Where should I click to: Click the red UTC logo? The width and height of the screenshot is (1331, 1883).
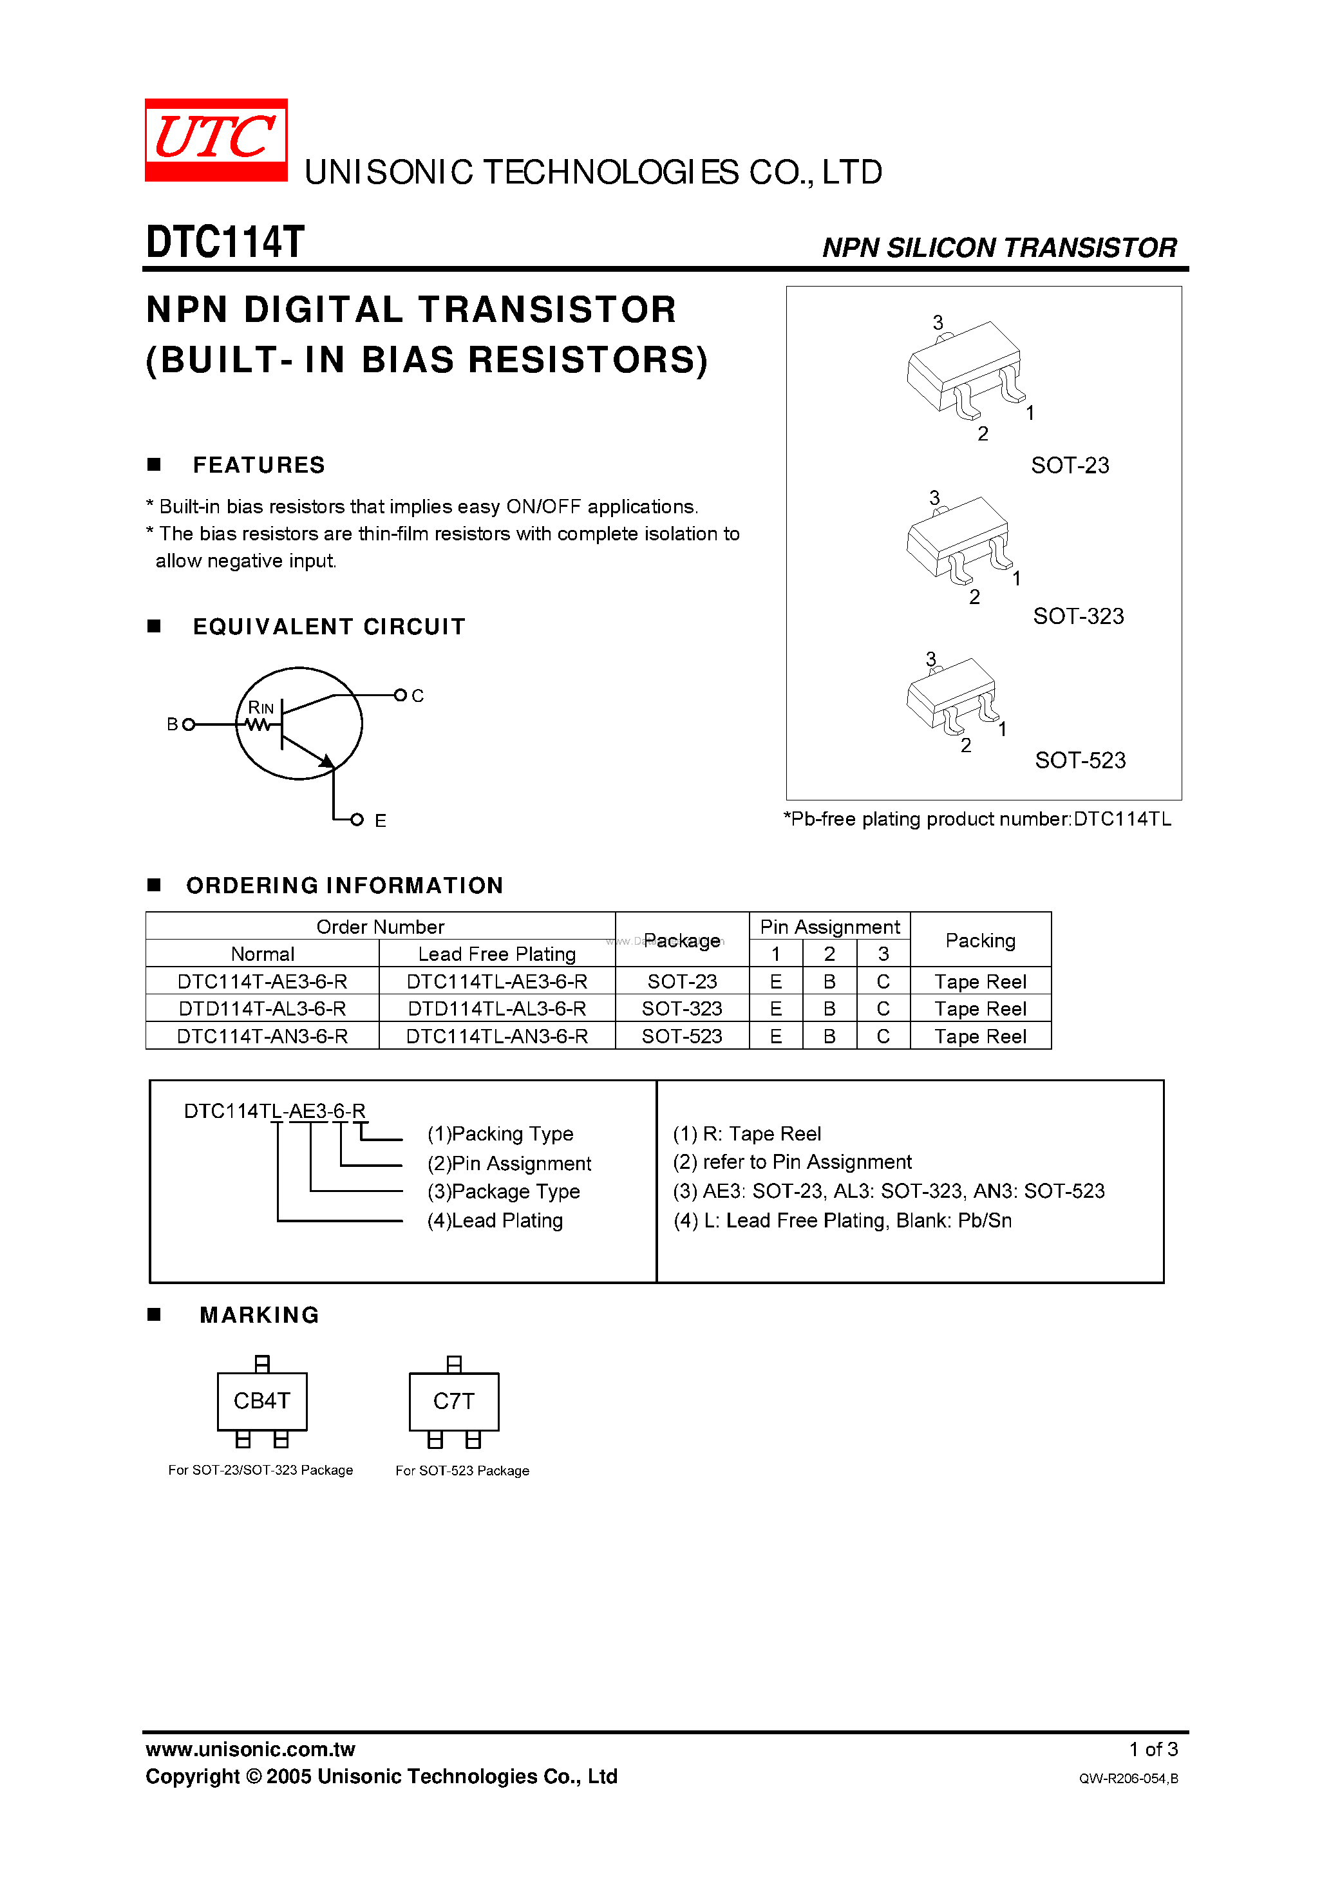pos(216,139)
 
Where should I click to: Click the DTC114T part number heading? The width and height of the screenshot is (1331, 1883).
pos(225,243)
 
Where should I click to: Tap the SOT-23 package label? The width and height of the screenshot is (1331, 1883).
pos(1070,466)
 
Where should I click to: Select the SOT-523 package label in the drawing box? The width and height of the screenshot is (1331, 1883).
pos(1079,761)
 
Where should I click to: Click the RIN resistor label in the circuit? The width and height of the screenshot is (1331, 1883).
pos(261,708)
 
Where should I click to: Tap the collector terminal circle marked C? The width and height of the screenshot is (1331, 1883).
pos(401,695)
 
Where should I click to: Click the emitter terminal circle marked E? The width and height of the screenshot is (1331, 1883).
pos(357,819)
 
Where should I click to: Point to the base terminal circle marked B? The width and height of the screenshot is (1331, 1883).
pos(189,724)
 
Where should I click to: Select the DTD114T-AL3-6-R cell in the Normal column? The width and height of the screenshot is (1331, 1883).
pos(263,1008)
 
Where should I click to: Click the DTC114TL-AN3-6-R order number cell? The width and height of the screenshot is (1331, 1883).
pos(497,1037)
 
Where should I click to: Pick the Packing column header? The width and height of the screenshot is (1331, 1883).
pos(980,941)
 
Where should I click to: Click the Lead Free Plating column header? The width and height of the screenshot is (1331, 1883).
pos(497,954)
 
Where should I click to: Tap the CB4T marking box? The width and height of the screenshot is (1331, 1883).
pos(261,1401)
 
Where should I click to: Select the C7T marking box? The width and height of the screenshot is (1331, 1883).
pos(453,1401)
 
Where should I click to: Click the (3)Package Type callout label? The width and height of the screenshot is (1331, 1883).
pos(504,1191)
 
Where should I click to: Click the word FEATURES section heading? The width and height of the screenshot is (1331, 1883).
pos(258,465)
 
